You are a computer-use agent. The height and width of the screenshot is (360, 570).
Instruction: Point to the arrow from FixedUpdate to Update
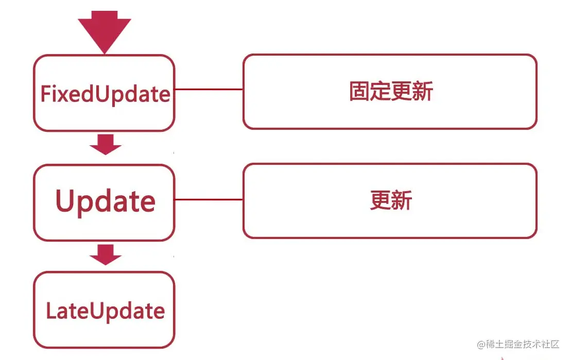pos(106,144)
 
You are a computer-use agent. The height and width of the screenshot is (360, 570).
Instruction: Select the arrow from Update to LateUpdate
pos(106,254)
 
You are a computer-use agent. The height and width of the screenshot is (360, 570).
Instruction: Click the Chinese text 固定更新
pos(391,92)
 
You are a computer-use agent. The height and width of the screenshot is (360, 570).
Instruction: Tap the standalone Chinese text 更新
pos(391,201)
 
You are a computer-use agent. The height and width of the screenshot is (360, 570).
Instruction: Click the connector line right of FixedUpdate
pos(209,89)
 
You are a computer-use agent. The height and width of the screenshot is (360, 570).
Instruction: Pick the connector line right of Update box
pos(209,199)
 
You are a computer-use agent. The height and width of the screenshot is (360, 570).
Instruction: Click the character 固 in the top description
pos(359,92)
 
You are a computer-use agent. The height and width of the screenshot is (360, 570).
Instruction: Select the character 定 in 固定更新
pos(380,92)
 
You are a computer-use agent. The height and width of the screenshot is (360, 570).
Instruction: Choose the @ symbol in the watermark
pos(481,345)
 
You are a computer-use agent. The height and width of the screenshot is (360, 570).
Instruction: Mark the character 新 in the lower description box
pos(402,201)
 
